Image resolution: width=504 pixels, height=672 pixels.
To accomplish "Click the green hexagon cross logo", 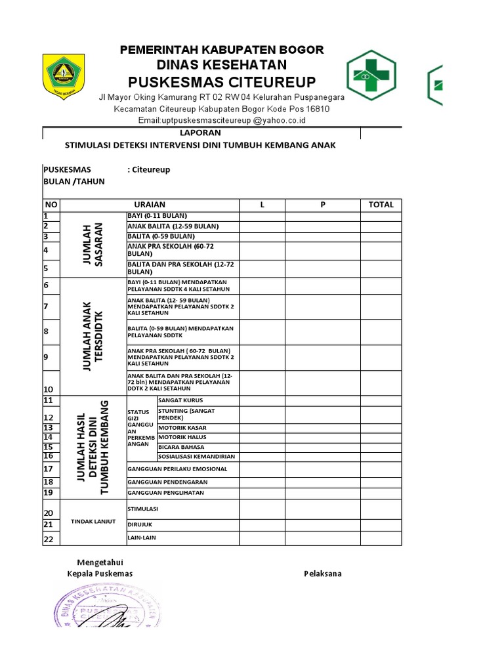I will click(371, 77).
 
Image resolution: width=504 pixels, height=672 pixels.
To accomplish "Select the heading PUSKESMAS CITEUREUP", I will click(222, 81).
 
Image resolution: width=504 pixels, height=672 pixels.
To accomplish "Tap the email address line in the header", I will click(222, 120).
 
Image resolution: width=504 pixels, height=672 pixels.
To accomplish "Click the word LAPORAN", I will click(201, 133).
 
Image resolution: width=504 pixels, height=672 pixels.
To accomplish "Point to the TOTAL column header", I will click(381, 205).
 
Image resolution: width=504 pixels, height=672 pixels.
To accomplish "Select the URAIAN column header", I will click(150, 205).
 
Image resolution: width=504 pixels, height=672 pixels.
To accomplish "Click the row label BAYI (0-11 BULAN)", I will click(157, 216).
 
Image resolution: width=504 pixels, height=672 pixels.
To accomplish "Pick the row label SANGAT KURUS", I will click(180, 400).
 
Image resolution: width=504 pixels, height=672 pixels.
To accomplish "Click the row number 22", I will click(48, 539).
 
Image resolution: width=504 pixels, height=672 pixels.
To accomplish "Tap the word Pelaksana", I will click(322, 574).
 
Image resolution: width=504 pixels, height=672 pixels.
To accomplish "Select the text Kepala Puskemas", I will click(100, 574).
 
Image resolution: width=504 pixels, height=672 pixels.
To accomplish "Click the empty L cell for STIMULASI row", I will click(262, 509).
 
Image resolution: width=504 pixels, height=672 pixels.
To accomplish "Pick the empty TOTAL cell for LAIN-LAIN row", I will click(381, 538).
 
